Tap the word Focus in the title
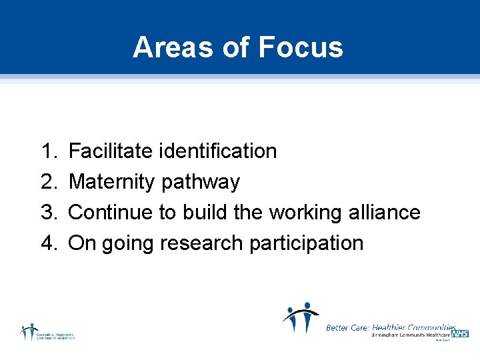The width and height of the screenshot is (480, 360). point(300,47)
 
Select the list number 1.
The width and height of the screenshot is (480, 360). point(50,151)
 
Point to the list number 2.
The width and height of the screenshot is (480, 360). point(50,182)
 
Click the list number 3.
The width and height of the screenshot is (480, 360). point(50,213)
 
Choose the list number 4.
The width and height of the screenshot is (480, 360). point(50,243)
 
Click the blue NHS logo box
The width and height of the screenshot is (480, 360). point(459,333)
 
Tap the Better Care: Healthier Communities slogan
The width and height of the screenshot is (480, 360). point(391,327)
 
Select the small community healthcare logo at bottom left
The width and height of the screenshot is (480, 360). point(47,332)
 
